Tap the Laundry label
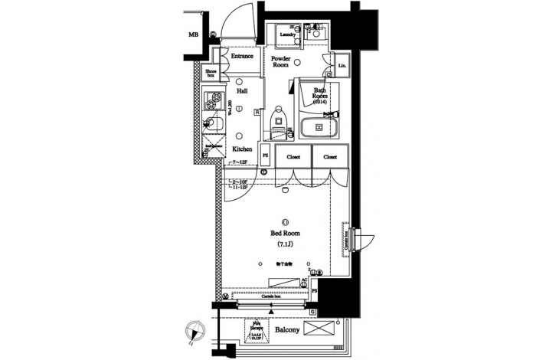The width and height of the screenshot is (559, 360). pyautogui.click(x=288, y=34)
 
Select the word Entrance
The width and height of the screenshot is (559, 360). pyautogui.click(x=242, y=56)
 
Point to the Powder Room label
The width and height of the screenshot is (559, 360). pyautogui.click(x=280, y=61)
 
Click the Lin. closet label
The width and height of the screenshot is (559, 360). pyautogui.click(x=342, y=67)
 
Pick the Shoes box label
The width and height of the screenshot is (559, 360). pyautogui.click(x=211, y=74)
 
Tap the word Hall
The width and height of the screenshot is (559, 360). pyautogui.click(x=242, y=90)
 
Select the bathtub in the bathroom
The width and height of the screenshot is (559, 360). pyautogui.click(x=319, y=128)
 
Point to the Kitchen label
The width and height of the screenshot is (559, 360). pyautogui.click(x=243, y=149)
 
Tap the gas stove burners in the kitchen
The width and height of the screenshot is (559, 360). pyautogui.click(x=212, y=100)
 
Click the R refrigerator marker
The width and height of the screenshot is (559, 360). pyautogui.click(x=257, y=112)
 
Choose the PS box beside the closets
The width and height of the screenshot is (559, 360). pyautogui.click(x=265, y=155)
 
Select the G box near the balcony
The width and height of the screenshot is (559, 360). pyautogui.click(x=312, y=311)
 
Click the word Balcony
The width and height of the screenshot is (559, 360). pyautogui.click(x=287, y=332)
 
